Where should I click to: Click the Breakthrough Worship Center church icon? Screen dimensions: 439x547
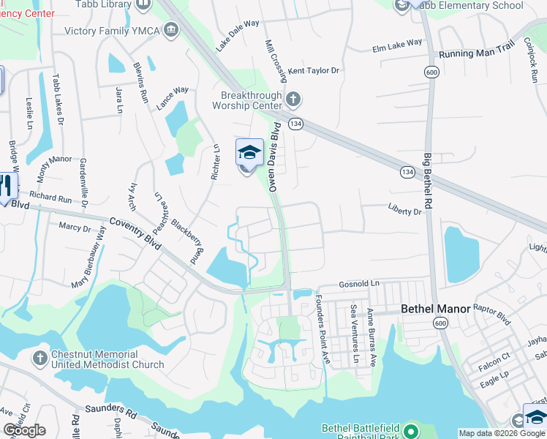click(x=293, y=99)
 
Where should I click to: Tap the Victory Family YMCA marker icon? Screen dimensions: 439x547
click(x=171, y=30)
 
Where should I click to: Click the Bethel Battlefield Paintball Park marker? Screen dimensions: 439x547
click(x=410, y=429)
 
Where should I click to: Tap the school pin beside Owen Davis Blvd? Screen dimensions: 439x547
click(x=249, y=153)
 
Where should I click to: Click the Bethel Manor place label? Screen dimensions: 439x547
click(x=435, y=309)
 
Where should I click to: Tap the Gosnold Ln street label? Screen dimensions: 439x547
click(x=360, y=283)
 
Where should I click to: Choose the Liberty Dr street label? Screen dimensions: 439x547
click(x=405, y=211)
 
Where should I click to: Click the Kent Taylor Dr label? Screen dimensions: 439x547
click(x=314, y=71)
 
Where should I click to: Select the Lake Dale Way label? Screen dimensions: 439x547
click(x=238, y=35)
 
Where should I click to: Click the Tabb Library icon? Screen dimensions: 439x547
click(x=143, y=4)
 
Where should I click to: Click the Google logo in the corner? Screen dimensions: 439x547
click(x=24, y=430)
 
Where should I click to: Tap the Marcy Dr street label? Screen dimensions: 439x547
click(x=75, y=228)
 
